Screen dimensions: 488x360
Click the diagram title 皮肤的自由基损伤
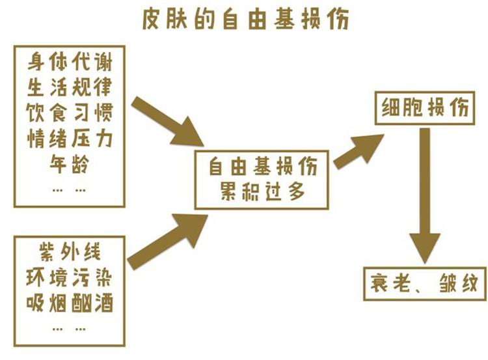click(x=245, y=20)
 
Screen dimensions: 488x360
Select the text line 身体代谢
click(x=70, y=62)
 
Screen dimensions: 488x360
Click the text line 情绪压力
click(x=70, y=138)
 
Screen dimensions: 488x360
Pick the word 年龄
click(x=70, y=164)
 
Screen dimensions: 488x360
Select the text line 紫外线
click(x=70, y=251)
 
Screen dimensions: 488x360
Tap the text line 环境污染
click(x=69, y=277)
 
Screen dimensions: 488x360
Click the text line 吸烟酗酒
click(x=70, y=303)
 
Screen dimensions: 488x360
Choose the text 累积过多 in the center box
click(x=262, y=191)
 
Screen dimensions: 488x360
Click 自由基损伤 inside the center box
click(x=263, y=166)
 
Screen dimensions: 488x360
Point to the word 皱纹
click(x=459, y=283)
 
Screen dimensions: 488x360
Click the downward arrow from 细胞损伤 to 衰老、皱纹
click(x=425, y=195)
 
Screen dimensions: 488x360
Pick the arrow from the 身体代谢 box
click(x=168, y=122)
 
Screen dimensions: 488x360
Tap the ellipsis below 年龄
click(x=69, y=189)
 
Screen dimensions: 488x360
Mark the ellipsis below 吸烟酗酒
click(x=69, y=328)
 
